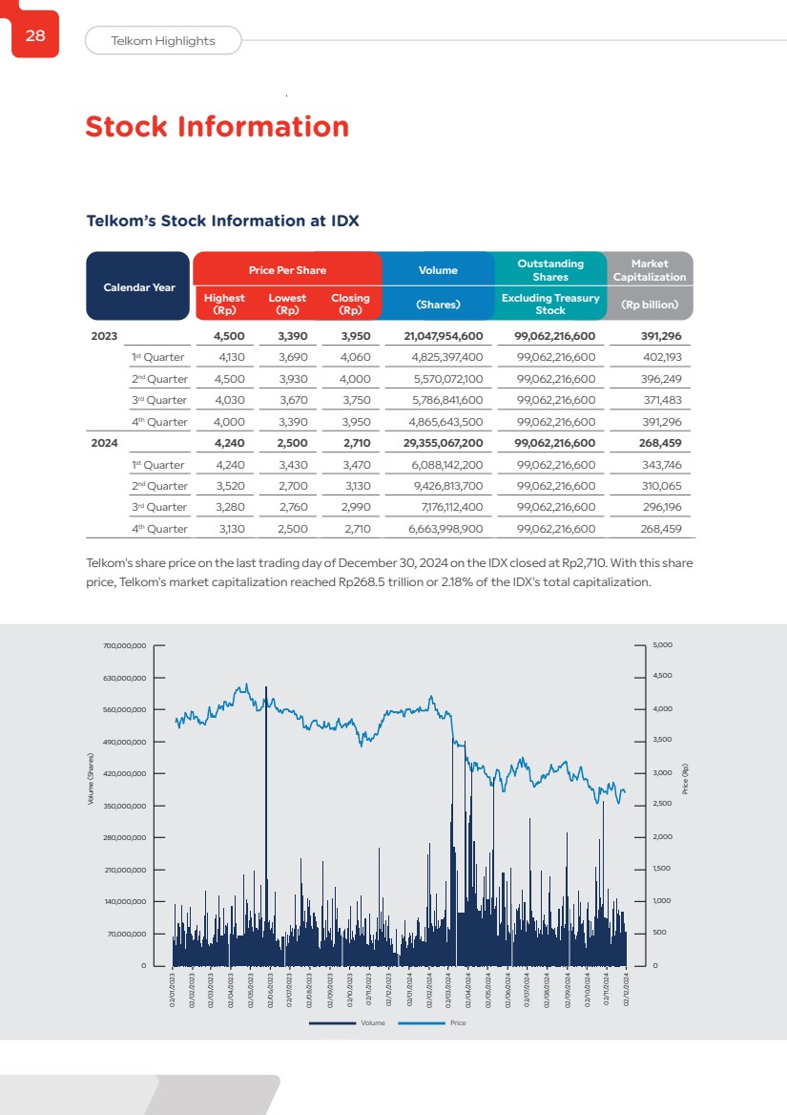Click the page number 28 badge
click(35, 35)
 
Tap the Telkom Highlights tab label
click(163, 41)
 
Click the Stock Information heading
click(217, 127)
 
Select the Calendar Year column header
click(138, 286)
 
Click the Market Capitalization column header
click(649, 270)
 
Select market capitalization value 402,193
click(661, 357)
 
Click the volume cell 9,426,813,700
click(447, 486)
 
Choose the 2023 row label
click(105, 336)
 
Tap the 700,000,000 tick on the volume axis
click(124, 646)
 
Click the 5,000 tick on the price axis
click(663, 645)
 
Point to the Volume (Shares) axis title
click(92, 780)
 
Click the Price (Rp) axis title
click(685, 780)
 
